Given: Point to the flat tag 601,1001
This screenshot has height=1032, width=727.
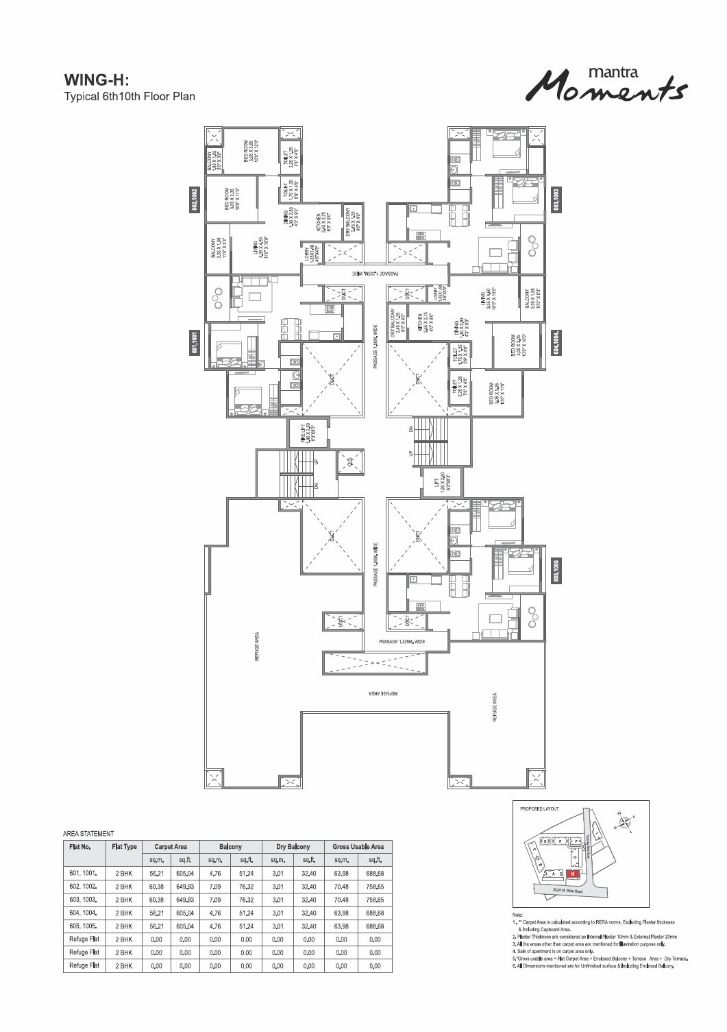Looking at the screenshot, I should coord(195,342).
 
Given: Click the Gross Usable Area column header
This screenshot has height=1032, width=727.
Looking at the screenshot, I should coord(358,847).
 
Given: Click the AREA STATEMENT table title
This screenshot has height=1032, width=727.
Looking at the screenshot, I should coord(88,834).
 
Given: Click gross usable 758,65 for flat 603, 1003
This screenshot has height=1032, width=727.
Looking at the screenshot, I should coord(374,900).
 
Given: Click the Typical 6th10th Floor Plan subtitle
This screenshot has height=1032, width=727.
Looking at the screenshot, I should coord(130,96).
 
